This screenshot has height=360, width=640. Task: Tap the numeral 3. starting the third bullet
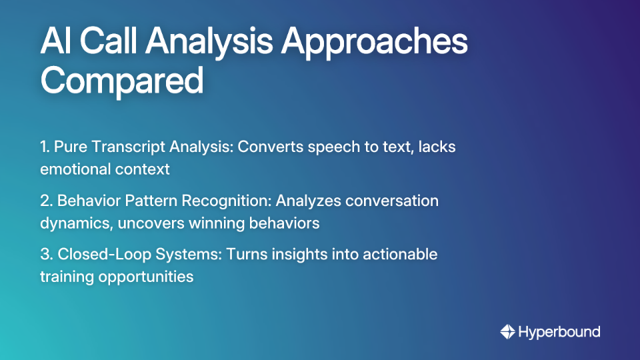46,255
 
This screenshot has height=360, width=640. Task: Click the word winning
216,223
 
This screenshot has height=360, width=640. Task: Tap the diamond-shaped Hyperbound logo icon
507,331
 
